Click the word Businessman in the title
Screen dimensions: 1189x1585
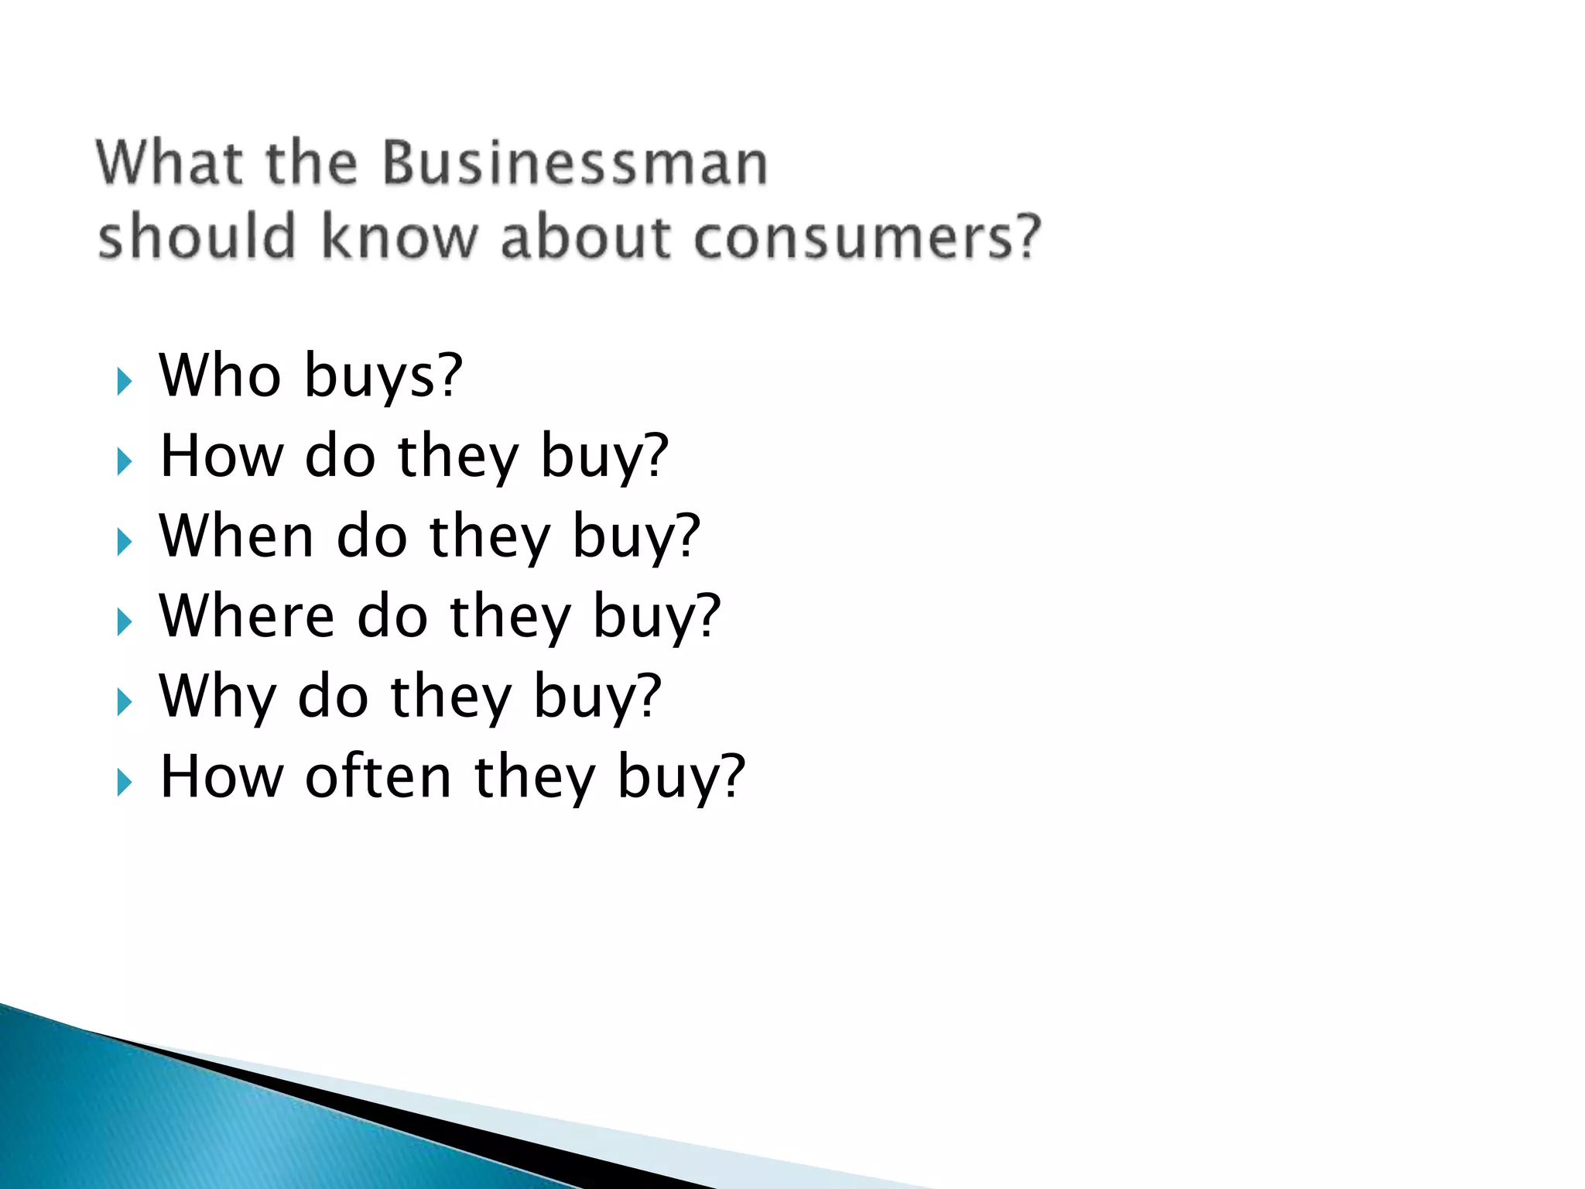(x=575, y=163)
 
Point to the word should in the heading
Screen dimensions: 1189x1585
(x=197, y=236)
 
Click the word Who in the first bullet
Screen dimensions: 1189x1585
(x=220, y=375)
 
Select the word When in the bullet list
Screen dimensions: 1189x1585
(x=236, y=536)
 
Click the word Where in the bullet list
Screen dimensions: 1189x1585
(x=247, y=616)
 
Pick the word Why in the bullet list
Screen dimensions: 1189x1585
(x=217, y=697)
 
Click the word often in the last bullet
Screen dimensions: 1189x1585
(x=378, y=776)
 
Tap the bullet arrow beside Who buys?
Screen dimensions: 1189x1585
(x=124, y=381)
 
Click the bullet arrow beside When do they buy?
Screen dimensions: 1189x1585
(x=124, y=542)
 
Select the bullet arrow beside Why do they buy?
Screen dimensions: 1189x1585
(x=124, y=702)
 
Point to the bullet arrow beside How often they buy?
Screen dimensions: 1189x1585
(x=124, y=783)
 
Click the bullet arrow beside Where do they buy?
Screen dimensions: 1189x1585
(x=124, y=622)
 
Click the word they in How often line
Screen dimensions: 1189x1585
(x=534, y=778)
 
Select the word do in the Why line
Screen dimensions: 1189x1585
(x=333, y=697)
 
